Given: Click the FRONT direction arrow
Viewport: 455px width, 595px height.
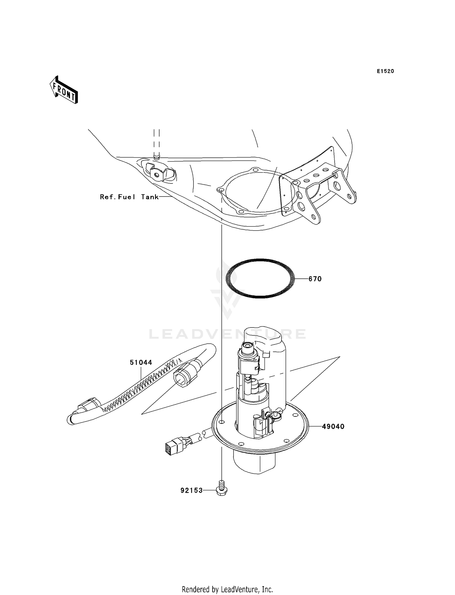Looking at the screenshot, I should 64,90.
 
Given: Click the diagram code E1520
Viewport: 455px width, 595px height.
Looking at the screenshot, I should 385,71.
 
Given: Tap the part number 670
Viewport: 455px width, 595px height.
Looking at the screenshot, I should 315,279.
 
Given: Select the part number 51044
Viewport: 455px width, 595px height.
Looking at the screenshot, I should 141,362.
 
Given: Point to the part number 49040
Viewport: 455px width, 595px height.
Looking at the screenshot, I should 333,426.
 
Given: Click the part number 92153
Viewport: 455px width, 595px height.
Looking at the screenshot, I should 191,490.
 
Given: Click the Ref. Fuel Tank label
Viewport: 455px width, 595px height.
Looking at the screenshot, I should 129,197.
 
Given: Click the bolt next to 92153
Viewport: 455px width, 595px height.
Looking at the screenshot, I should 222,489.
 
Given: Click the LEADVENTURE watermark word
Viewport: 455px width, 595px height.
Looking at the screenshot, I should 227,334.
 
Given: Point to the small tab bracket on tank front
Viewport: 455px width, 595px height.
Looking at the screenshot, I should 158,173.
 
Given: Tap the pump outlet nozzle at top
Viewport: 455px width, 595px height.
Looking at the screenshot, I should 248,346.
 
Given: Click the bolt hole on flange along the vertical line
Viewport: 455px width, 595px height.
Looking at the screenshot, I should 222,422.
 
